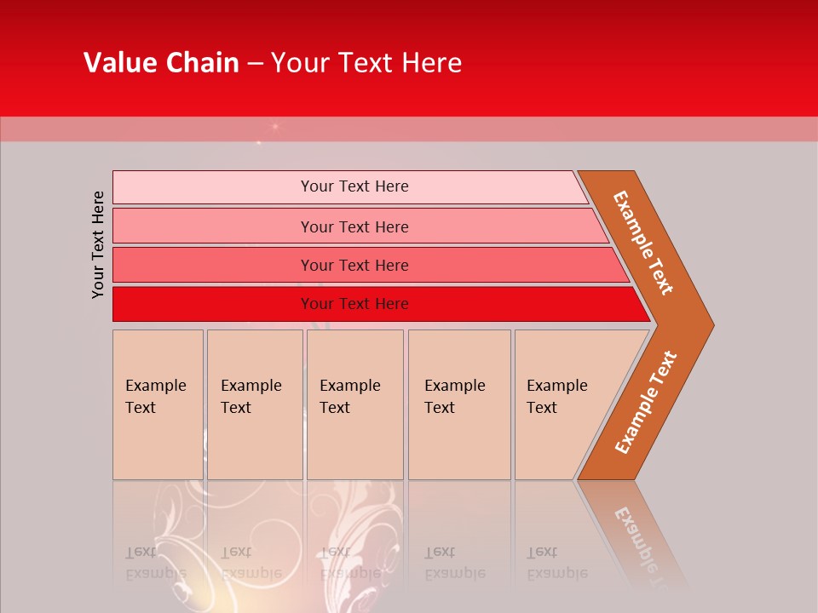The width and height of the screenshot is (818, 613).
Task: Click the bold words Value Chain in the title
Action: click(x=161, y=63)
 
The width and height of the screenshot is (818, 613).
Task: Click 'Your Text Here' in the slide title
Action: click(x=366, y=63)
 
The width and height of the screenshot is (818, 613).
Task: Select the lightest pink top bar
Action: click(x=349, y=186)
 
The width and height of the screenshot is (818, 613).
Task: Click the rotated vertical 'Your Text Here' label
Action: click(x=98, y=244)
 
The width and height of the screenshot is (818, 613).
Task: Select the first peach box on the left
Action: click(x=158, y=404)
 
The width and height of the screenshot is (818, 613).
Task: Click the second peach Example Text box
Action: click(x=254, y=404)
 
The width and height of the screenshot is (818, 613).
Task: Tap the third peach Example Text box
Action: click(x=354, y=404)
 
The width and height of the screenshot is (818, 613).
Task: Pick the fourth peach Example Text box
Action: click(x=458, y=404)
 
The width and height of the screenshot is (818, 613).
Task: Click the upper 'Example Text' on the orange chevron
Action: click(x=643, y=243)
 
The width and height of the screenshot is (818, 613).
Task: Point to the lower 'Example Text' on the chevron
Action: click(x=646, y=402)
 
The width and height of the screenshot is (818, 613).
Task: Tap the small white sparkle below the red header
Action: click(x=274, y=127)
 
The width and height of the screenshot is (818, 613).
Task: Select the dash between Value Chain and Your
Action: click(x=255, y=64)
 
